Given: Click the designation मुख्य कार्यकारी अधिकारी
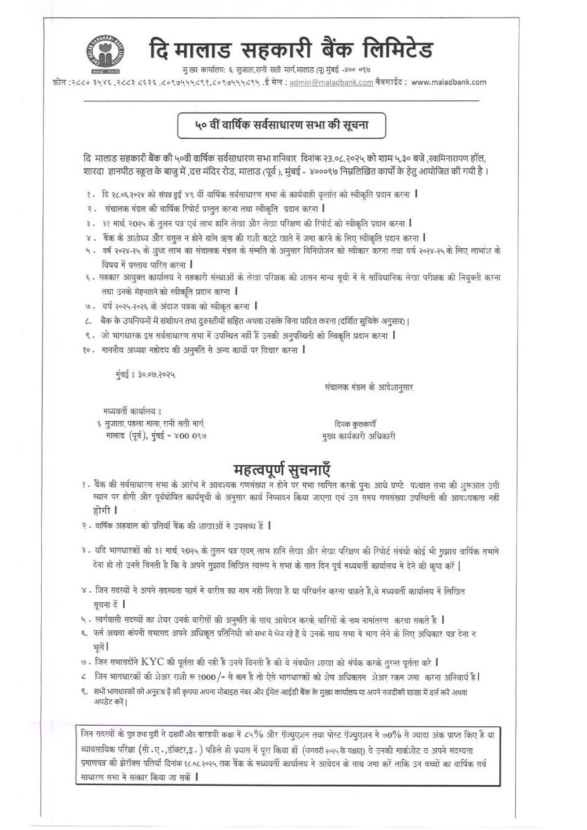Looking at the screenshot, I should click(x=358, y=436).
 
